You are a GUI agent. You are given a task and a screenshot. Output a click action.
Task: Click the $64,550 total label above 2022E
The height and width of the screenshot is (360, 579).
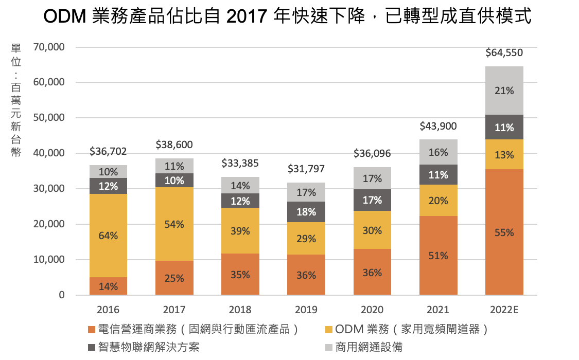coord(504,52)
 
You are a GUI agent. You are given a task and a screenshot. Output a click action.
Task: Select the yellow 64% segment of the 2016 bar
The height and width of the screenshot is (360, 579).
coord(108,236)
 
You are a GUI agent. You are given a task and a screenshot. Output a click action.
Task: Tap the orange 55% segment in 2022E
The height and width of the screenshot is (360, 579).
coord(504,232)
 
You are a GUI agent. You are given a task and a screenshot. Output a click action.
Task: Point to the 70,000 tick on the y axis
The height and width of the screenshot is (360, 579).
coord(48,47)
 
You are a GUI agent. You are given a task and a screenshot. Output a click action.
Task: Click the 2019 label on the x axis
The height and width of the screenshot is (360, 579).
coord(306,310)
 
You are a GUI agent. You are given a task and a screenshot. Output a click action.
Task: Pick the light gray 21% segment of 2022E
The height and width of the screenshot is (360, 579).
coord(504,91)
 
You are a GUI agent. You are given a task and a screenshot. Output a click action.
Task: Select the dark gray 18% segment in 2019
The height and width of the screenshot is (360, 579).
coord(306,212)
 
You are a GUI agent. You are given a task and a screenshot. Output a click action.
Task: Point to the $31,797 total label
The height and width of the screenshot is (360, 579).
coord(306,169)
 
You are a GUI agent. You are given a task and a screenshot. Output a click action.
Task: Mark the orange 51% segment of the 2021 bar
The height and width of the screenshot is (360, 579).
coord(438,256)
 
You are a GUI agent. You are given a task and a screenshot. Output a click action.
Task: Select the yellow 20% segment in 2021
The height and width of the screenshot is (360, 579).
coord(438,201)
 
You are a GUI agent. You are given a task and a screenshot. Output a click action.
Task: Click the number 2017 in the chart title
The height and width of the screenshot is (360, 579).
coord(244,16)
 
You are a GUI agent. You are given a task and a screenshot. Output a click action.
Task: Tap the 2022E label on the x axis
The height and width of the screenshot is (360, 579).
coord(504,310)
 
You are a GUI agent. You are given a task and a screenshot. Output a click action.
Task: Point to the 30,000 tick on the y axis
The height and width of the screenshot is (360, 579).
coord(48,189)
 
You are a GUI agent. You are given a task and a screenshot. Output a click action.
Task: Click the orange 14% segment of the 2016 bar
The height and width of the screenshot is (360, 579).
coord(108,286)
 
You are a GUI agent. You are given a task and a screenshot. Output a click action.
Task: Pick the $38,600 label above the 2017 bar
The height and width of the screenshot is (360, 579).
coord(174,146)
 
